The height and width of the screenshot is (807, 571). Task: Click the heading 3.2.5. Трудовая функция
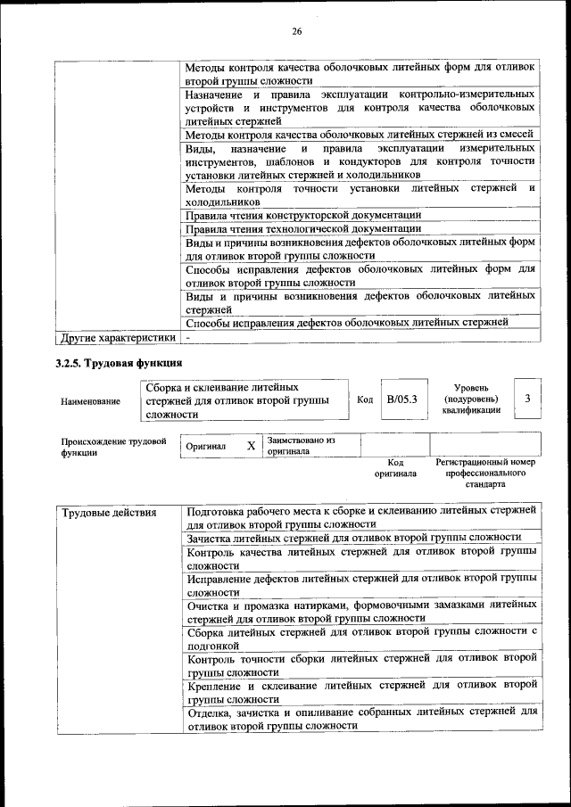point(119,363)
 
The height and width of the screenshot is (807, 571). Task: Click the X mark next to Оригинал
point(252,445)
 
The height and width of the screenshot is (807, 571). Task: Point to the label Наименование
point(90,401)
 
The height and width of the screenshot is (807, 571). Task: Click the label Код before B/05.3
point(365,399)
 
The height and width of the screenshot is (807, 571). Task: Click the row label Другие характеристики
point(117,338)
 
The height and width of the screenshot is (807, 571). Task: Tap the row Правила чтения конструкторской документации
point(303,215)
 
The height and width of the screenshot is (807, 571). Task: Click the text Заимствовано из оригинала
point(300,446)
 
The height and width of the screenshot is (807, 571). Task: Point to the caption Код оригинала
point(395,468)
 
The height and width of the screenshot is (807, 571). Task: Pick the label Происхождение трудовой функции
point(113,447)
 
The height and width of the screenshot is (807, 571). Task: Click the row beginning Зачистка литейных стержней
point(354,537)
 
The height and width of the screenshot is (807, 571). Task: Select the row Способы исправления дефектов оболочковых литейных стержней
point(347,322)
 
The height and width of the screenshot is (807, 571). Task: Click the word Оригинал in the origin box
point(206,446)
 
